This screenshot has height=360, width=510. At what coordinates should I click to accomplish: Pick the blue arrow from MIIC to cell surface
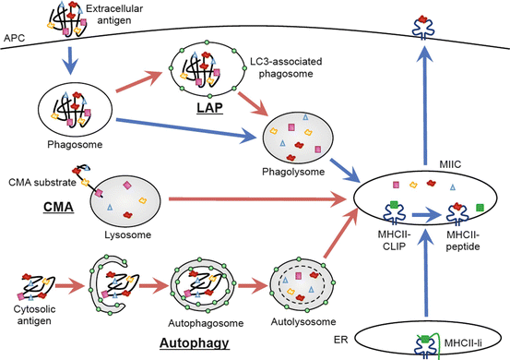pos(424,102)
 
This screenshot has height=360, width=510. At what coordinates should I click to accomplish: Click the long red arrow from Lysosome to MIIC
pos(258,198)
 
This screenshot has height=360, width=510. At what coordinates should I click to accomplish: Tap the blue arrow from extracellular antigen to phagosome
pos(67,65)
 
